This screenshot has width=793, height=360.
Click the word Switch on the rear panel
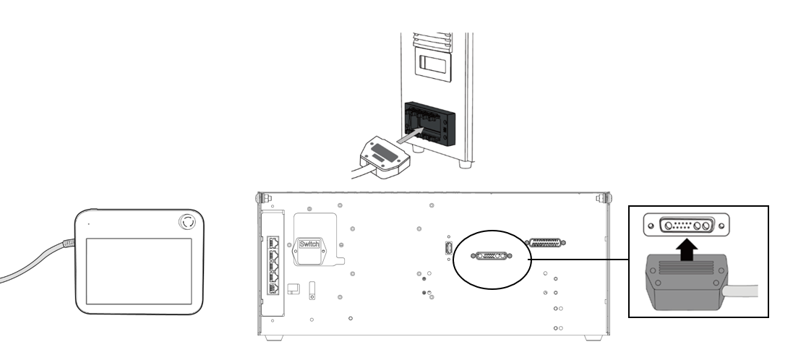(310, 244)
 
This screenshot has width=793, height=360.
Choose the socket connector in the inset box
(686, 225)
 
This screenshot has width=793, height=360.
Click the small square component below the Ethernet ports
(292, 288)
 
